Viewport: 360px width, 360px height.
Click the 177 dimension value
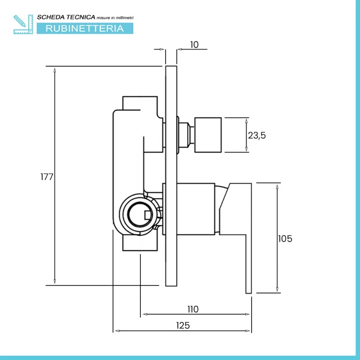pyautogui.click(x=47, y=176)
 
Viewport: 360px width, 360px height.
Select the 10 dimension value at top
pyautogui.click(x=194, y=45)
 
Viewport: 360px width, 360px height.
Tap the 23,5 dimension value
pyautogui.click(x=257, y=135)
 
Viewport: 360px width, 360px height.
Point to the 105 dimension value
pyautogui.click(x=285, y=238)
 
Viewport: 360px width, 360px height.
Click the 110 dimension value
pyautogui.click(x=193, y=309)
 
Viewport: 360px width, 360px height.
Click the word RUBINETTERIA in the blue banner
pyautogui.click(x=84, y=28)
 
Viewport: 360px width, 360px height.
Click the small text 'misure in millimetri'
pyautogui.click(x=115, y=17)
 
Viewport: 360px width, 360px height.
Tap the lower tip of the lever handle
pyautogui.click(x=248, y=290)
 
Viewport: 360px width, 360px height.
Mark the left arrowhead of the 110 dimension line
pyautogui.click(x=144, y=315)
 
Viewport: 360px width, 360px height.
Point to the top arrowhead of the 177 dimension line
pyautogui.click(x=54, y=69)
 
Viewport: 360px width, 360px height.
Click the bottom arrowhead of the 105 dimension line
pyautogui.click(x=277, y=290)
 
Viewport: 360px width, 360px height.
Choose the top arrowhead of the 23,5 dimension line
pyautogui.click(x=246, y=120)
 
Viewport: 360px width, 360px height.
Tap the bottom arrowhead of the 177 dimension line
pyautogui.click(x=54, y=283)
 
